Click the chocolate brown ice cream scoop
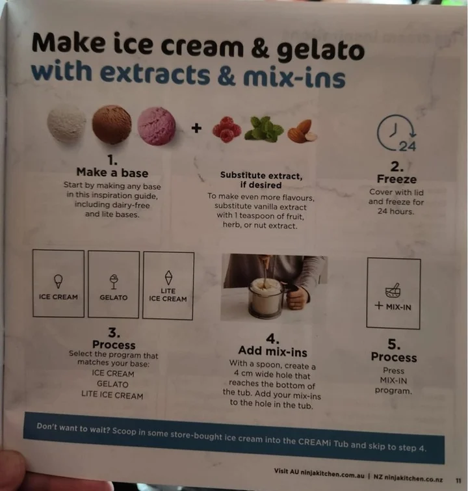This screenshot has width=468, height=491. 112,124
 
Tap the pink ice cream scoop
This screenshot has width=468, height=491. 157,126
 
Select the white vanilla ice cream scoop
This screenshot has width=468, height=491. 66,123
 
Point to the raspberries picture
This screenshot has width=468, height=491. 227,129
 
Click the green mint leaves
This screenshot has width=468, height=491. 264,129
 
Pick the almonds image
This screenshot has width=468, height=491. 302,131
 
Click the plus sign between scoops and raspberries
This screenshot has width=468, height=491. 196,127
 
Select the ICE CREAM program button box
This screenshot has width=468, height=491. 58,283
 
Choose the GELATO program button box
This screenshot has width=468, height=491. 114,284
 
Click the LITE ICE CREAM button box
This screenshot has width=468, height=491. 168,285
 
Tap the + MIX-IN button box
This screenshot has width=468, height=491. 393,293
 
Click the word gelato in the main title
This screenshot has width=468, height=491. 320,51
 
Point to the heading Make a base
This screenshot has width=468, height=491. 112,172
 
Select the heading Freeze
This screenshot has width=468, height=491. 396,179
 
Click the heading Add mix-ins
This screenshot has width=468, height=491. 272,351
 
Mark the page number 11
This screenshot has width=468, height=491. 458,481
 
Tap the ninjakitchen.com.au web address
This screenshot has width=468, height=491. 332,474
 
